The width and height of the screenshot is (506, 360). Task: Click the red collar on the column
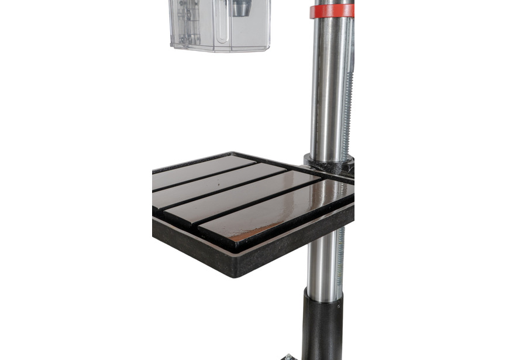tap(332, 11)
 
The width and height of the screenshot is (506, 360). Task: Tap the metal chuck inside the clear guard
tap(240, 8)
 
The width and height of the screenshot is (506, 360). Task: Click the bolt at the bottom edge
tap(288, 356)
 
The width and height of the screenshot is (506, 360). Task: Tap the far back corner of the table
tap(234, 153)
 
